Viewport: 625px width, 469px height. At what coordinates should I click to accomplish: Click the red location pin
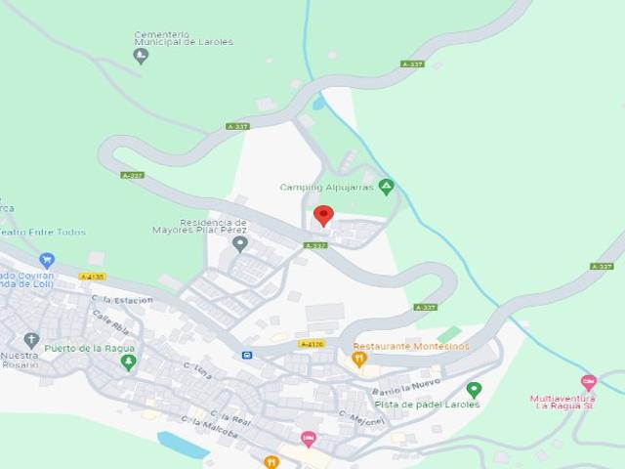tap(323, 215)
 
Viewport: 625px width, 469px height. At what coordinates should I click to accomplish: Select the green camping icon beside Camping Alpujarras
tap(387, 186)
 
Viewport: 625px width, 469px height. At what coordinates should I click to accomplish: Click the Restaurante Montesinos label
tap(411, 346)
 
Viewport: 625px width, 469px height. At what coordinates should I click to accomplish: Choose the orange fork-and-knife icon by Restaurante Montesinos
tap(359, 360)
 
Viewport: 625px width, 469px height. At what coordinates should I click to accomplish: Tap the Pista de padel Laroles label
tap(427, 405)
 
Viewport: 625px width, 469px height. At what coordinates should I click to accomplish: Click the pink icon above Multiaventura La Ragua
tap(588, 382)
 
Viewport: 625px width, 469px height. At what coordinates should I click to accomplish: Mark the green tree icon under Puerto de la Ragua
tap(128, 362)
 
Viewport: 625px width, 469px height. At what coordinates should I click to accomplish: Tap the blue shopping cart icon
tap(47, 260)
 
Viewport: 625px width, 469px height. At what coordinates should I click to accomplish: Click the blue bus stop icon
tap(247, 355)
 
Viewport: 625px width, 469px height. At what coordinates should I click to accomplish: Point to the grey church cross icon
tap(31, 340)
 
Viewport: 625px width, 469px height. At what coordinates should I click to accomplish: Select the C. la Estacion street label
tap(122, 300)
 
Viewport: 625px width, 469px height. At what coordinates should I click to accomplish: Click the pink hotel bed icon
tap(309, 439)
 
